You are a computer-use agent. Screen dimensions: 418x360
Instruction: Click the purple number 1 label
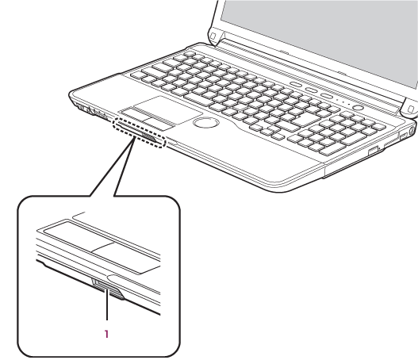point(106,334)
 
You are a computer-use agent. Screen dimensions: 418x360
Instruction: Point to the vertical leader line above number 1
point(107,304)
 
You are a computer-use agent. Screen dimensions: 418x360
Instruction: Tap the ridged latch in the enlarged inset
point(108,289)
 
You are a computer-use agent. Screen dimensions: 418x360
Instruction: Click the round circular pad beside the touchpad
point(206,122)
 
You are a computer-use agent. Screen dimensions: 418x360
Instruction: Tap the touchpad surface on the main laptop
point(167,108)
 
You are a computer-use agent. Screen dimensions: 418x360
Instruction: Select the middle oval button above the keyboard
point(311,90)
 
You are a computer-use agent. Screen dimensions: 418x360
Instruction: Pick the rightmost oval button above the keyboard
point(326,96)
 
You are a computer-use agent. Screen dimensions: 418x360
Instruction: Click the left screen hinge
point(215,36)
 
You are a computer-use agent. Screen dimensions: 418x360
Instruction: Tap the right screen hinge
point(410,107)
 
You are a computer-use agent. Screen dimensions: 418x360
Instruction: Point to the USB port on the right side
point(403,136)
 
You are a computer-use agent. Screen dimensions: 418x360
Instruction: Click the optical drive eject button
point(373,151)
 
